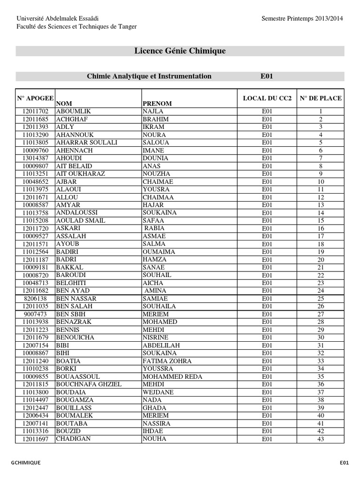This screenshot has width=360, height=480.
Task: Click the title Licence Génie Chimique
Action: click(180, 51)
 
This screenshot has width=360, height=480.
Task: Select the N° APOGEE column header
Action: click(35, 98)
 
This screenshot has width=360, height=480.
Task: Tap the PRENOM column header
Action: click(157, 103)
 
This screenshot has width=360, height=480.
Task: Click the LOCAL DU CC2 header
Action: click(267, 98)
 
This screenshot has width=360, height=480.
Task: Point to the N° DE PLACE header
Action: click(321, 98)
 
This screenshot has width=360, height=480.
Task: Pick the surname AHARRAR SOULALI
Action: click(87, 142)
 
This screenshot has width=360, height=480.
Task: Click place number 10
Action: click(321, 182)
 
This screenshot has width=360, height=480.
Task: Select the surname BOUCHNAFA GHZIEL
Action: click(89, 384)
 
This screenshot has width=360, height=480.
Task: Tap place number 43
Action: click(321, 439)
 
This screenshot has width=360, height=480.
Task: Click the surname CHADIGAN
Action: click(74, 439)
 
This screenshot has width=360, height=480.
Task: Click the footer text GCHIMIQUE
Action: click(25, 463)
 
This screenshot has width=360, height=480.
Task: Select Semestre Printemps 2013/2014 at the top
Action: click(302, 18)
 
